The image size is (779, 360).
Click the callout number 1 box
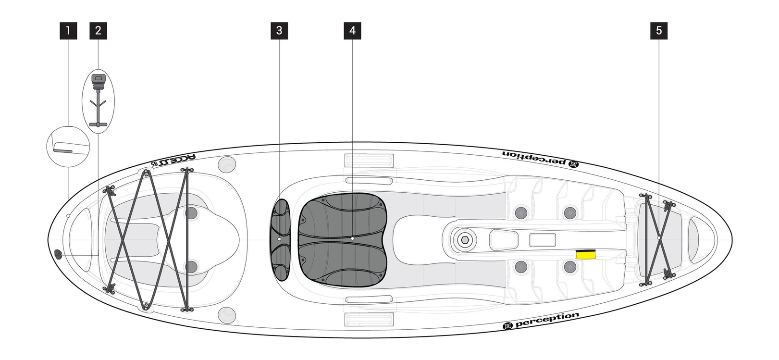click(x=68, y=31)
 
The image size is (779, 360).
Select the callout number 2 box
click(x=98, y=31)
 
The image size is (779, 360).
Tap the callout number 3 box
click(x=279, y=31)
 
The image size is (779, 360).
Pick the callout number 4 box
click(x=352, y=31)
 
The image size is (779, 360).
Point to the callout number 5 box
click(x=658, y=31)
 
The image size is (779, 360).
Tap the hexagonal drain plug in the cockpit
click(x=464, y=240)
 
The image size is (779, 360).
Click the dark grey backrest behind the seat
click(x=280, y=239)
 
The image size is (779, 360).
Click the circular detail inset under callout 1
click(x=68, y=146)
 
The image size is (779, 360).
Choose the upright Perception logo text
click(x=541, y=321)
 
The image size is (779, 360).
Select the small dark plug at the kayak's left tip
click(x=59, y=254)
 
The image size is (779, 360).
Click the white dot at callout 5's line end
click(x=658, y=238)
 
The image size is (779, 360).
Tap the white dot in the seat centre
click(x=352, y=238)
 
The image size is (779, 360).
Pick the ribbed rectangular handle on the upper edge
click(x=369, y=160)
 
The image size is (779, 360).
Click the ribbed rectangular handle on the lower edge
click(x=369, y=319)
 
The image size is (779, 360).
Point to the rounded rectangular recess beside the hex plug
click(x=504, y=239)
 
